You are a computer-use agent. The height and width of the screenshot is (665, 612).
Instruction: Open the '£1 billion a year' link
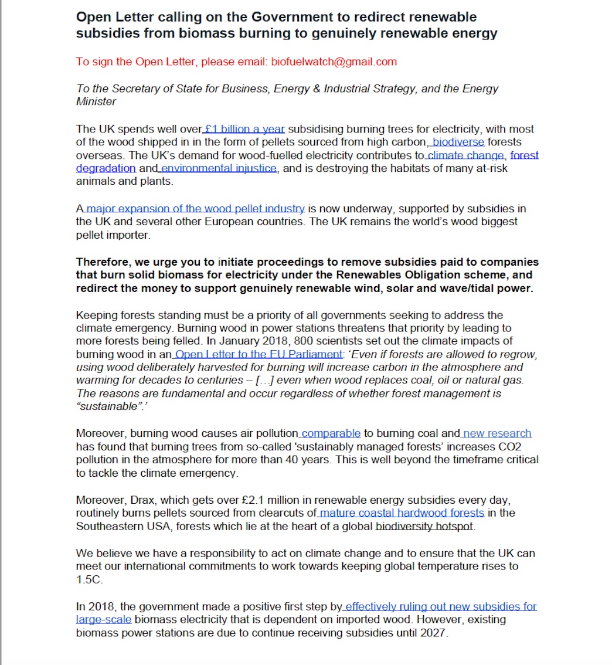245,129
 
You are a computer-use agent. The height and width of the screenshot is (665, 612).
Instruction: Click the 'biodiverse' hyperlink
458,142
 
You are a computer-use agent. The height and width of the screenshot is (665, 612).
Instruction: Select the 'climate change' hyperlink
465,155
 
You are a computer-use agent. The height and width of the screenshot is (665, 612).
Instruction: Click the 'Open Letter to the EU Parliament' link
259,354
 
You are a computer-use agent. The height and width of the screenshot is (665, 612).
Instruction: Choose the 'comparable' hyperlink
331,433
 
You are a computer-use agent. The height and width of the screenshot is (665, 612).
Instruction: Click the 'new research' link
497,433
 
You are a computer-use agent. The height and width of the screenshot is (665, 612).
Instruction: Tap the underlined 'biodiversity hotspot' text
424,526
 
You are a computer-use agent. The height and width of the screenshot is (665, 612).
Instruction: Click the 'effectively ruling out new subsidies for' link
441,606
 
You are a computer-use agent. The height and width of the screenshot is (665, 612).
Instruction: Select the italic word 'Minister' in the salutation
96,101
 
